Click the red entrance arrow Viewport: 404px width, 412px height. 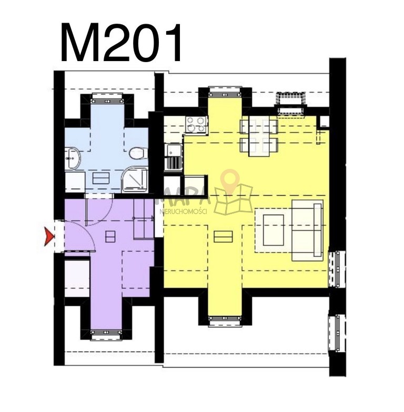(x=49, y=237)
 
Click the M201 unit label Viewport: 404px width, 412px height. (x=121, y=43)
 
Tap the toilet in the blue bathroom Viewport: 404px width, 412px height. (x=138, y=154)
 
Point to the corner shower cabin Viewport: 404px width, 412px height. (x=135, y=179)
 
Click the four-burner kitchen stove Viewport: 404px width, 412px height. (x=196, y=124)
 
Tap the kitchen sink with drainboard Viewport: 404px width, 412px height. (x=173, y=157)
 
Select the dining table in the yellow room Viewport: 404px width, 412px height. (x=259, y=137)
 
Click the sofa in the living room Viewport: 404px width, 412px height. (x=307, y=230)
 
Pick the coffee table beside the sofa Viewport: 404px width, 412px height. (x=273, y=230)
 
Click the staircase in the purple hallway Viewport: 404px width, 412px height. (x=144, y=218)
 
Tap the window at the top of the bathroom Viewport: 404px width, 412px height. (x=108, y=99)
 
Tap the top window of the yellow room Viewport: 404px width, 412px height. (x=225, y=91)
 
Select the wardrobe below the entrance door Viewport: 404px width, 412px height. (x=77, y=278)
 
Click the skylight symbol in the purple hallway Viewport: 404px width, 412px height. (x=110, y=236)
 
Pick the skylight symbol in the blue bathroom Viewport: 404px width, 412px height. (x=101, y=178)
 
